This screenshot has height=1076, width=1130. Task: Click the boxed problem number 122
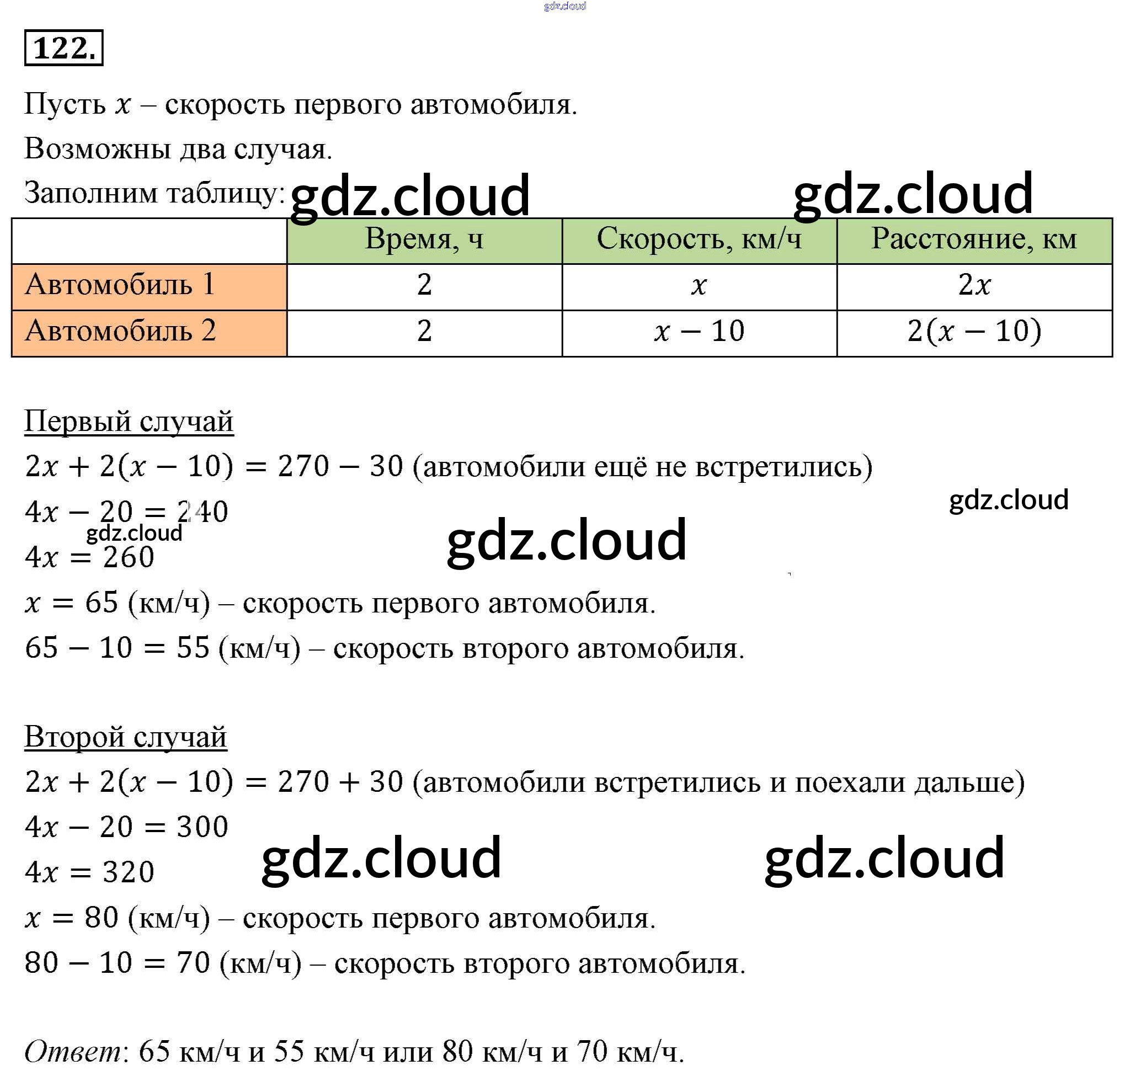pos(63,47)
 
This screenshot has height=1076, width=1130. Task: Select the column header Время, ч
pos(424,238)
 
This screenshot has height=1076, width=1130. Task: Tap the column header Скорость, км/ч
pos(699,238)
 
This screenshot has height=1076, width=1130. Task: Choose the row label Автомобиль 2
pos(120,331)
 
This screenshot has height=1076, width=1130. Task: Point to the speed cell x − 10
pos(699,332)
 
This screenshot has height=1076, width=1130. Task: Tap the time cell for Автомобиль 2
pos(424,332)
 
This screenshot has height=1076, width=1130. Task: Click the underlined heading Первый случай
pos(129,422)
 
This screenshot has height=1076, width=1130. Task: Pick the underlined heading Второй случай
pos(125,737)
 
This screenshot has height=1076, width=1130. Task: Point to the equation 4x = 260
pos(89,557)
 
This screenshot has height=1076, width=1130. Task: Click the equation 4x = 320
pos(89,872)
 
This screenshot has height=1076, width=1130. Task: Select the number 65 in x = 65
pos(102,603)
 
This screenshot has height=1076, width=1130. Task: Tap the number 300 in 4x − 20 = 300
pos(202,827)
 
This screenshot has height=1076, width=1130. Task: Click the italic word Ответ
pos(72,1051)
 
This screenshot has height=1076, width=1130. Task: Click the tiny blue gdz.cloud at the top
pos(564,6)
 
